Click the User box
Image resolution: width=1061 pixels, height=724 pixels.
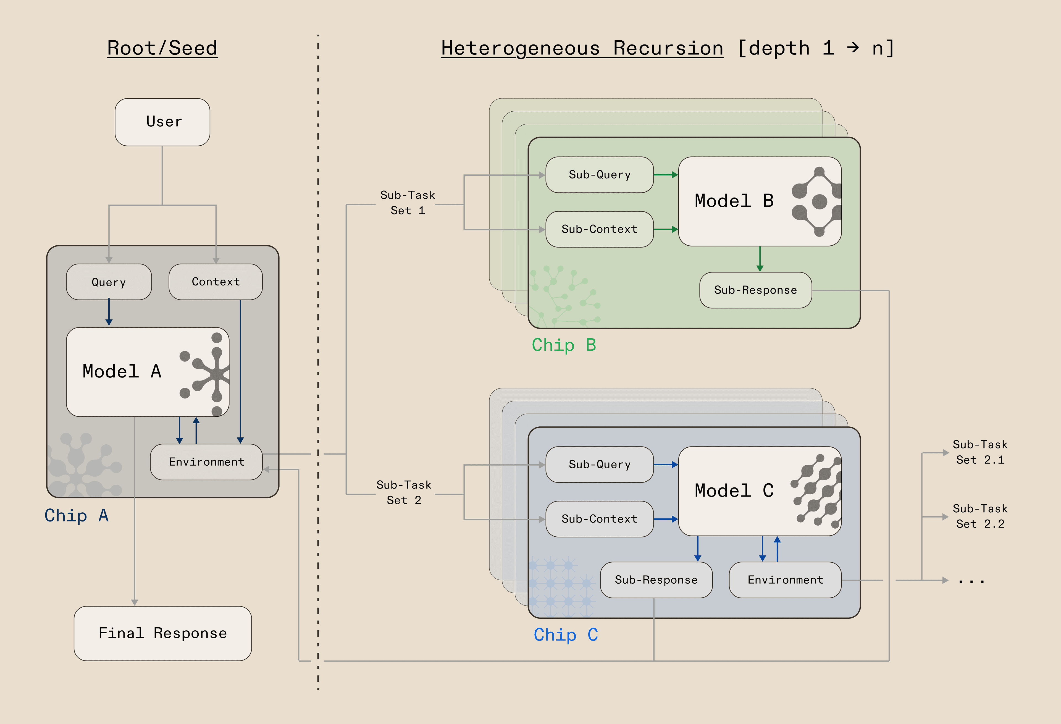[162, 122]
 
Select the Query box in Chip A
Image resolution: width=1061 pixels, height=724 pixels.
[109, 282]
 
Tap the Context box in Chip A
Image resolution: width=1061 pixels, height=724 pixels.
[216, 282]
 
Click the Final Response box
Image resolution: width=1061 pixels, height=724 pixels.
[162, 633]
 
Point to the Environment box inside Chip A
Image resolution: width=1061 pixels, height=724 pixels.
[206, 461]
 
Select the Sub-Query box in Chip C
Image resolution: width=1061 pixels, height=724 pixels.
[600, 464]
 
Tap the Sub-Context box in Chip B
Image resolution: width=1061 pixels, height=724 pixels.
[600, 229]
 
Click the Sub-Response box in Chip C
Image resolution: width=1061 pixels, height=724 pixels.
[656, 580]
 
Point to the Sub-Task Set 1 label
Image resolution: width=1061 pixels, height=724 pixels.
[407, 203]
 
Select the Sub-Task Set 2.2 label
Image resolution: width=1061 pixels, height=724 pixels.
[980, 516]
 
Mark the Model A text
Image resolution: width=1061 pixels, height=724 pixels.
[122, 371]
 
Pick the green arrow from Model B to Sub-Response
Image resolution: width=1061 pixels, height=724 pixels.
[760, 259]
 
